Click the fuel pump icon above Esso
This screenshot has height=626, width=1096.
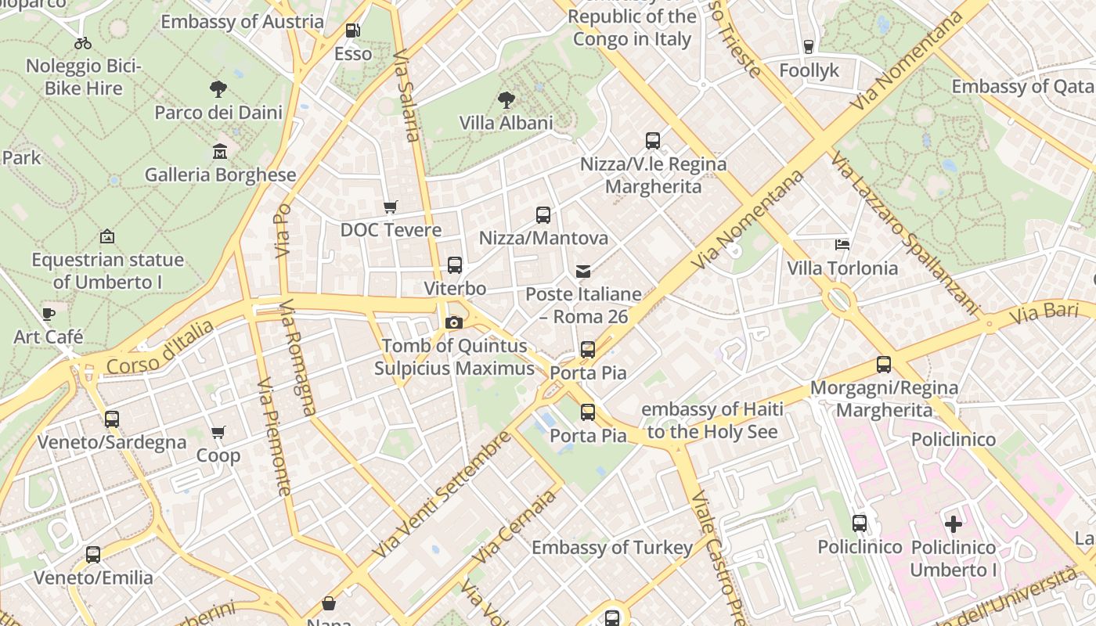point(353,31)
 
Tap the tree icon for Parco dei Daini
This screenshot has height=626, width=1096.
point(218,89)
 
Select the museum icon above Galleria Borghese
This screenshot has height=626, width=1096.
point(220,151)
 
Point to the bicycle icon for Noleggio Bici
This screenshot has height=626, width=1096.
point(83,42)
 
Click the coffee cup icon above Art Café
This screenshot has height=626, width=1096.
point(49,315)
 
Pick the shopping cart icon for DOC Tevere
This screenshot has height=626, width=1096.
point(391,207)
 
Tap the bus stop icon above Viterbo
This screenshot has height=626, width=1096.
point(455,265)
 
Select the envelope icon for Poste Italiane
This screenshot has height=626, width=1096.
point(583,272)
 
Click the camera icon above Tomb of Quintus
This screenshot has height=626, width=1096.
point(453,322)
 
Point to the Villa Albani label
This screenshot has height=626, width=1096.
point(506,123)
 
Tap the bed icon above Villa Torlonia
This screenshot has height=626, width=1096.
point(842,245)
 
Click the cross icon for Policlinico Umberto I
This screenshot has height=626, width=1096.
point(953,524)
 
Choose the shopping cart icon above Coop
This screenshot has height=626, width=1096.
point(218,433)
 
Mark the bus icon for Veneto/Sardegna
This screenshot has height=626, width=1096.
point(112,419)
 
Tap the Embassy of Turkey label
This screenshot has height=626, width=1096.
point(612,547)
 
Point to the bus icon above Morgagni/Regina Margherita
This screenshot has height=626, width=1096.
point(884,365)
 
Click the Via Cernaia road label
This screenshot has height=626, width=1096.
point(515,526)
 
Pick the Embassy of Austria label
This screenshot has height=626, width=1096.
point(242,21)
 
